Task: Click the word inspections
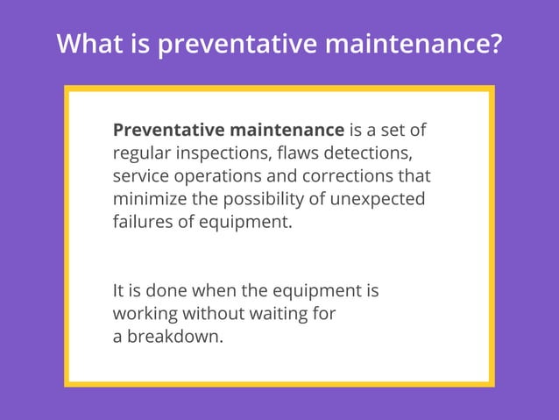(x=223, y=153)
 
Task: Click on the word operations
(x=220, y=176)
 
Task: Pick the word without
(x=216, y=313)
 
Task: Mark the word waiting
(x=280, y=313)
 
